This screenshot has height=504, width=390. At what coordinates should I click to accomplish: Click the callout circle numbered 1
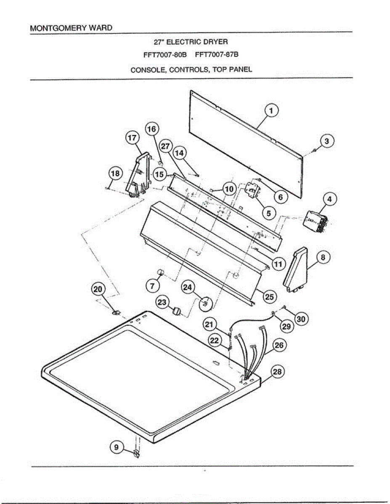click(x=271, y=111)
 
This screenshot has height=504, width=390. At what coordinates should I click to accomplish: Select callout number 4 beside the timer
click(x=329, y=199)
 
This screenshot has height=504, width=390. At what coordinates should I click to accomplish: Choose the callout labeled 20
click(x=98, y=289)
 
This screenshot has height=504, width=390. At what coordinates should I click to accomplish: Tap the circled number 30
click(x=300, y=319)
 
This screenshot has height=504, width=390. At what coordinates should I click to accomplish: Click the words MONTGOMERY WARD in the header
click(x=71, y=28)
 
